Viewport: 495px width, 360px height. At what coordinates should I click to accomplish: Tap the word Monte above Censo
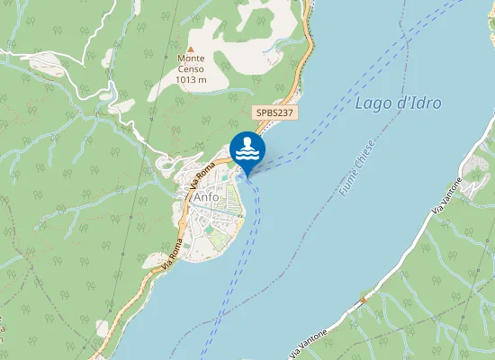click(x=191, y=58)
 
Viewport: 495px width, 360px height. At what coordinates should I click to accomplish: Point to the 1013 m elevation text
click(x=191, y=79)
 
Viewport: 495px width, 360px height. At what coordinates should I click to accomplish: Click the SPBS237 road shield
click(x=274, y=112)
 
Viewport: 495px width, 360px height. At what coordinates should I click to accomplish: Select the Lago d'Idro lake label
click(x=398, y=103)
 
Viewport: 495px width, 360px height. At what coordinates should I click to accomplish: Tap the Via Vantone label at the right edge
click(x=447, y=193)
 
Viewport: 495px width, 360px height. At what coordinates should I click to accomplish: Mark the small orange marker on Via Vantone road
click(x=362, y=298)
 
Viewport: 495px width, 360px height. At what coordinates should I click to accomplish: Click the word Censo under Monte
click(x=191, y=68)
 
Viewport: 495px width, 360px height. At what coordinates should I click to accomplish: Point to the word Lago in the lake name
click(x=371, y=103)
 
